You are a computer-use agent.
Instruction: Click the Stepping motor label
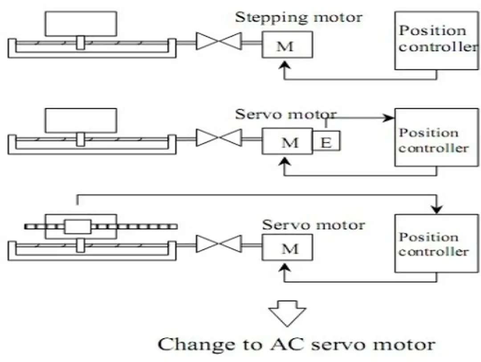(298, 18)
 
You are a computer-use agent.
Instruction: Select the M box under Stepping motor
(287, 45)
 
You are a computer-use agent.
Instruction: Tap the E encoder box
(326, 142)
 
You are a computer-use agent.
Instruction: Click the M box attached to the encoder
(287, 142)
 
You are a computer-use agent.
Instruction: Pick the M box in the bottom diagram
(287, 247)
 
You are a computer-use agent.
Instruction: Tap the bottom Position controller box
(436, 243)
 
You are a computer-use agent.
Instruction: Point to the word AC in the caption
(280, 345)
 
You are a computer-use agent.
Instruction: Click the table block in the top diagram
(81, 23)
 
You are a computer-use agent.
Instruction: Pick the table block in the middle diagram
(81, 120)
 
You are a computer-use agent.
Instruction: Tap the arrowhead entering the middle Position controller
(391, 118)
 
